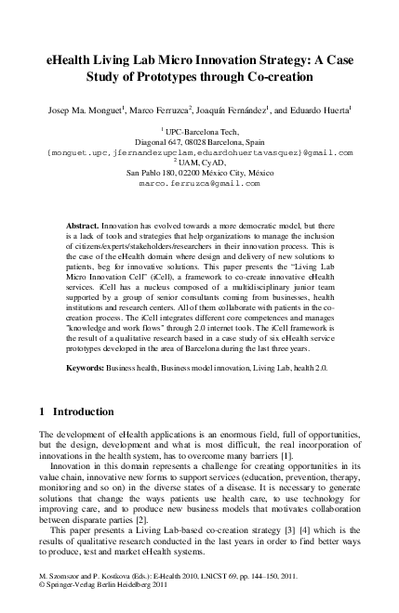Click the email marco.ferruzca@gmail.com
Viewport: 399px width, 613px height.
coord(199,183)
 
